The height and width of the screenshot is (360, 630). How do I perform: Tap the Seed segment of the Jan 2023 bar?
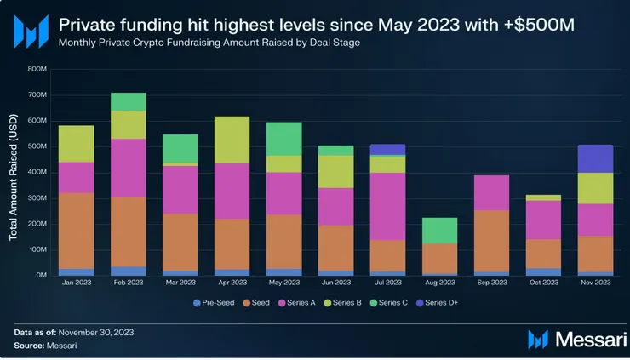click(x=76, y=231)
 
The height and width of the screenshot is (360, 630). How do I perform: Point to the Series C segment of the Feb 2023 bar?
click(x=129, y=101)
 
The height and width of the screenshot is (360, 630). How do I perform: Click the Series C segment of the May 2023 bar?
click(x=283, y=139)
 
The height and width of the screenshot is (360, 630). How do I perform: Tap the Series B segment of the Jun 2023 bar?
click(x=336, y=172)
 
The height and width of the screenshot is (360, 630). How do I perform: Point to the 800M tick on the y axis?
click(x=37, y=70)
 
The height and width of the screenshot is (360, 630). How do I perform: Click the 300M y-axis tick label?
click(x=37, y=198)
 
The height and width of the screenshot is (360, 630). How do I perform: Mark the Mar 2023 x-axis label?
click(x=180, y=284)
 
